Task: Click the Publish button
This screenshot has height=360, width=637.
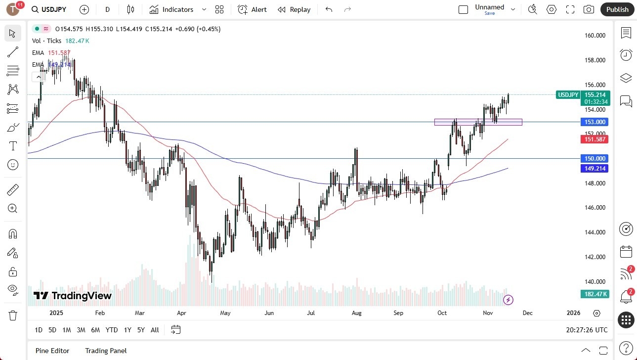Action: click(x=617, y=9)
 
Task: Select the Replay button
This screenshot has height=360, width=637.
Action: click(x=294, y=9)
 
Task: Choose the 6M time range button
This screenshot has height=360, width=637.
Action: click(x=95, y=330)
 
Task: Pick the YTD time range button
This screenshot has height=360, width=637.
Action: click(x=112, y=330)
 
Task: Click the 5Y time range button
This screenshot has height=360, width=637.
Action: click(x=141, y=330)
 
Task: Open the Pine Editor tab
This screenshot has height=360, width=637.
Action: click(x=52, y=351)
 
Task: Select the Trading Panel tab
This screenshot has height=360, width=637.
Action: click(x=106, y=351)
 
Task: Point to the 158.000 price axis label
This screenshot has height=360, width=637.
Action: click(x=595, y=60)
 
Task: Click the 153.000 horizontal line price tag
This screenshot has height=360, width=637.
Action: click(x=595, y=122)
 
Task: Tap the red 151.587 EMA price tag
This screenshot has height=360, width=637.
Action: click(x=595, y=139)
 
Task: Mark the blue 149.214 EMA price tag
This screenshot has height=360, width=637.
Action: click(x=595, y=169)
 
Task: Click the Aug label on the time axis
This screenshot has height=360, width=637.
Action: click(x=356, y=313)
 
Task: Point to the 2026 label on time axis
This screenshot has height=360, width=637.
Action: click(x=573, y=313)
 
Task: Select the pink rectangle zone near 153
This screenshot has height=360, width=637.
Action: click(x=478, y=122)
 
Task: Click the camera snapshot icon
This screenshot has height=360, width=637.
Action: click(x=589, y=9)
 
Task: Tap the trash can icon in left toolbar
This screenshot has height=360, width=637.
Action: click(x=13, y=315)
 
